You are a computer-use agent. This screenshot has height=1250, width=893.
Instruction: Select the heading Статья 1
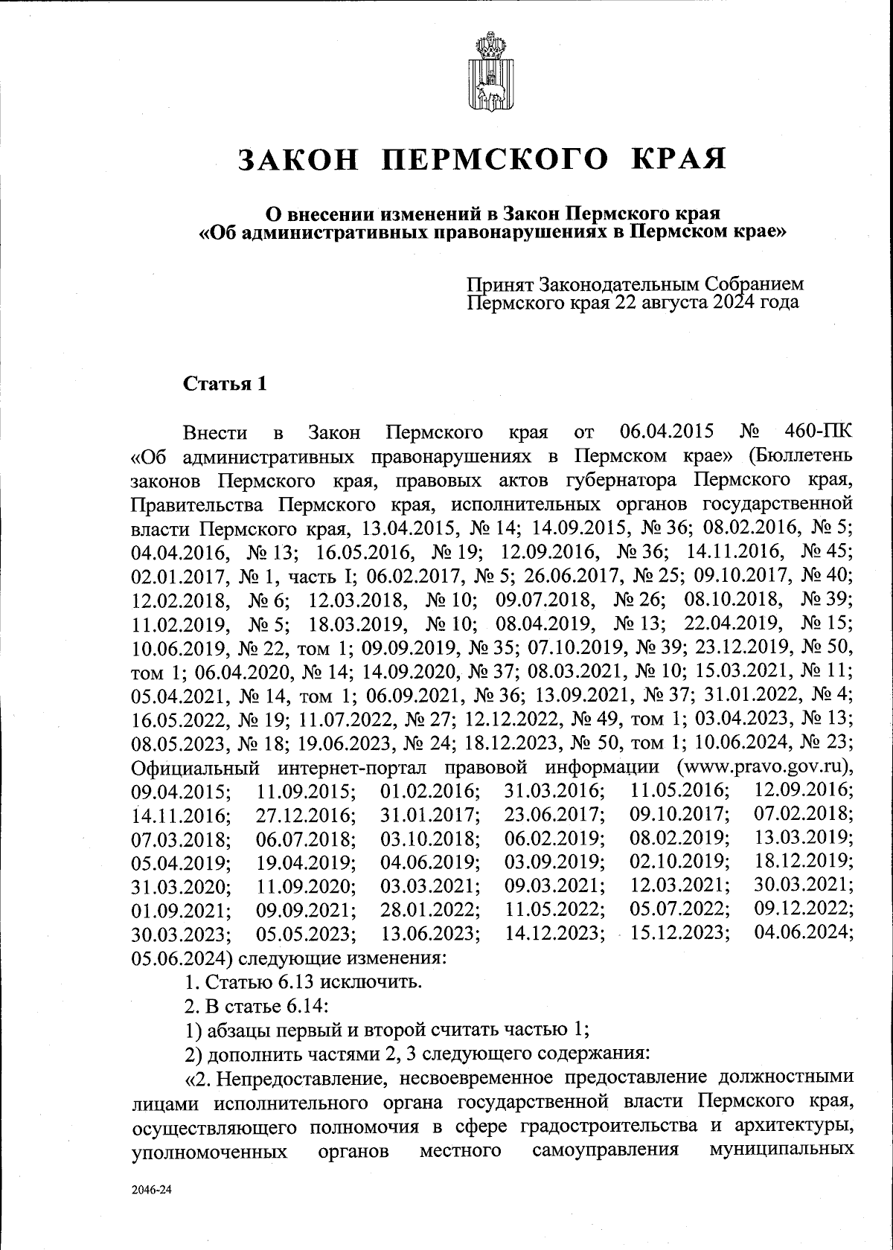click(x=225, y=385)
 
